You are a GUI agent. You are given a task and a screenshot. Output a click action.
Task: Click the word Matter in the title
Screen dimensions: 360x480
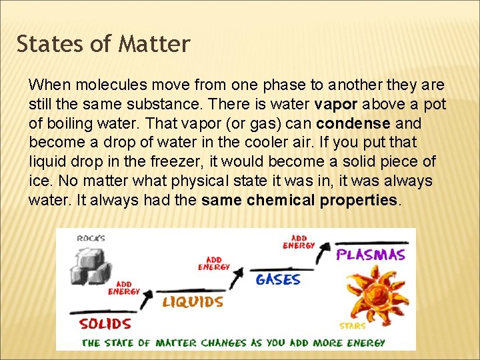[154, 44]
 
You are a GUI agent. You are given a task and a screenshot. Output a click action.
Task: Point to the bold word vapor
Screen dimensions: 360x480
[337, 105]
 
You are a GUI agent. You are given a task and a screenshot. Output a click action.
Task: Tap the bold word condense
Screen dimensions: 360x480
[353, 124]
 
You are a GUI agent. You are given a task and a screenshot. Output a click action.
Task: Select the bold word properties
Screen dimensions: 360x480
[359, 201]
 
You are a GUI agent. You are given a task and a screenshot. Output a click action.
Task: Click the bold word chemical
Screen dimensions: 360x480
[281, 201]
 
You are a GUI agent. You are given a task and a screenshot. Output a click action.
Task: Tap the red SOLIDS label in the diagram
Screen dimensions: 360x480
[105, 324]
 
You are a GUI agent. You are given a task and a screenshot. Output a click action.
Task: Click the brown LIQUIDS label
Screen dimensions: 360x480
[193, 302]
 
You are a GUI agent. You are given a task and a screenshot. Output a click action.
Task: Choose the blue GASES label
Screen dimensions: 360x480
[278, 279]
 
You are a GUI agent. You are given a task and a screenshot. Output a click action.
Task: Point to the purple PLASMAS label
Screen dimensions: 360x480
[371, 255]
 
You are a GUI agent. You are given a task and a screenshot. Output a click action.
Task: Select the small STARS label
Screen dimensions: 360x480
[352, 326]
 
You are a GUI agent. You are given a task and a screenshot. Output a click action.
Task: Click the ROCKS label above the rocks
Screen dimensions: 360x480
[91, 239]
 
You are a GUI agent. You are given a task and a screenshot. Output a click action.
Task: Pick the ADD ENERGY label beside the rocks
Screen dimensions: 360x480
[124, 288]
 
